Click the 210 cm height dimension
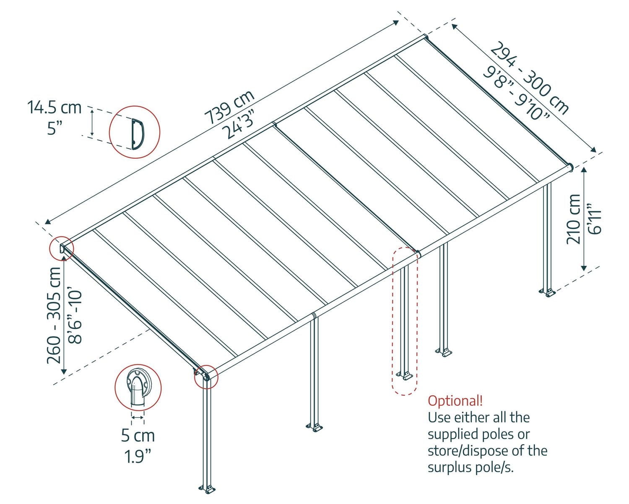click(573, 218)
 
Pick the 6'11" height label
click(595, 218)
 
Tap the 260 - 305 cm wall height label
click(54, 315)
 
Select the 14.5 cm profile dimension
click(55, 108)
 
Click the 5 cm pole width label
click(138, 436)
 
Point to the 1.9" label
click(138, 455)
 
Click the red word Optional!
click(455, 400)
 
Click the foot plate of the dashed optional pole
click(405, 375)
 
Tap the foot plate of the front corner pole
click(207, 489)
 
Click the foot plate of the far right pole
click(548, 292)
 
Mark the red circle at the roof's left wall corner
click(61, 248)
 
